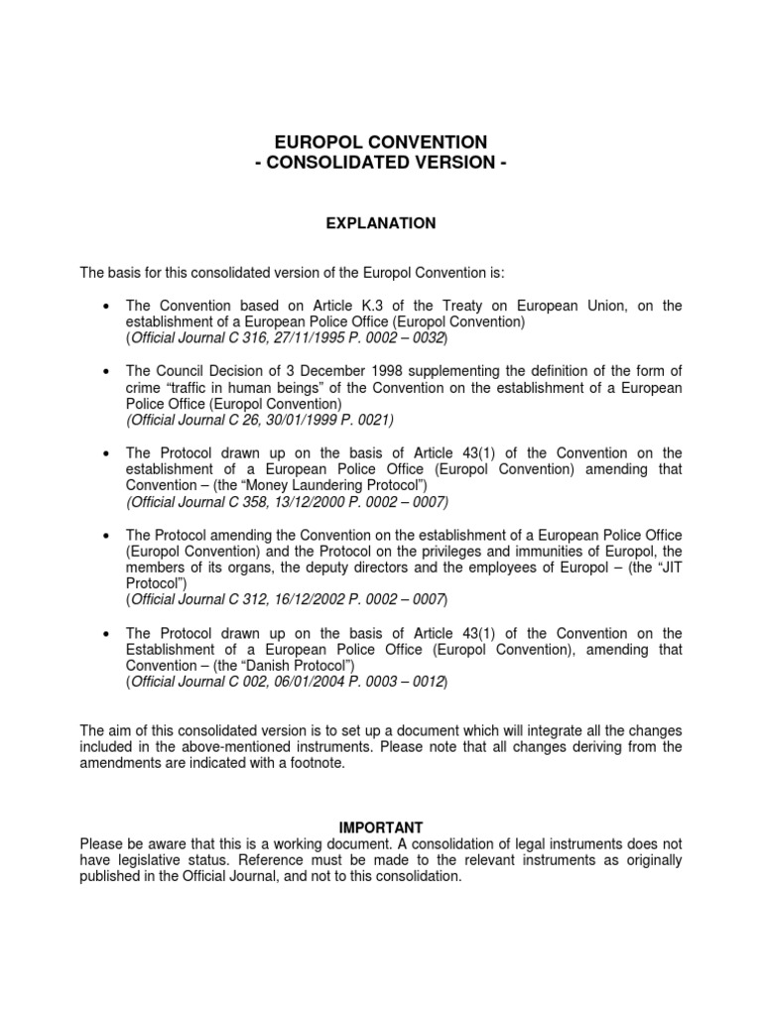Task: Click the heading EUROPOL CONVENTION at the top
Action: pos(381,143)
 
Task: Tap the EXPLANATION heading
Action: pos(381,224)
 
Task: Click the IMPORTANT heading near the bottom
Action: pos(381,827)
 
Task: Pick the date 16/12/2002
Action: pos(285,601)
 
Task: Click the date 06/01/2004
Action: pos(285,683)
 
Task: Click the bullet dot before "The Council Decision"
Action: pos(106,371)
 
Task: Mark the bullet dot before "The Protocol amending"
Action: pos(106,536)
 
